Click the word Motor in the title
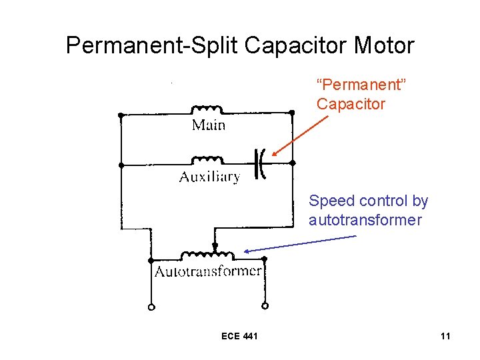click(385, 46)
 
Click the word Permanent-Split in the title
click(153, 46)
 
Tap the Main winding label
click(209, 125)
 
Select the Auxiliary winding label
click(209, 177)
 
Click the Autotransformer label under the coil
click(209, 271)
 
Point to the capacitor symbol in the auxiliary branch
click(261, 163)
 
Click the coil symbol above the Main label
click(208, 109)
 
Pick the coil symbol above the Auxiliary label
click(208, 160)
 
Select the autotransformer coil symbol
click(208, 255)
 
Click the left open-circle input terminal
click(151, 307)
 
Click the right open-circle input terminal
click(265, 307)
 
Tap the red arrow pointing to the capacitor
click(300, 137)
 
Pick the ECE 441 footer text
click(239, 336)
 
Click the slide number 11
click(445, 336)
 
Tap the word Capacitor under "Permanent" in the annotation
click(351, 105)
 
